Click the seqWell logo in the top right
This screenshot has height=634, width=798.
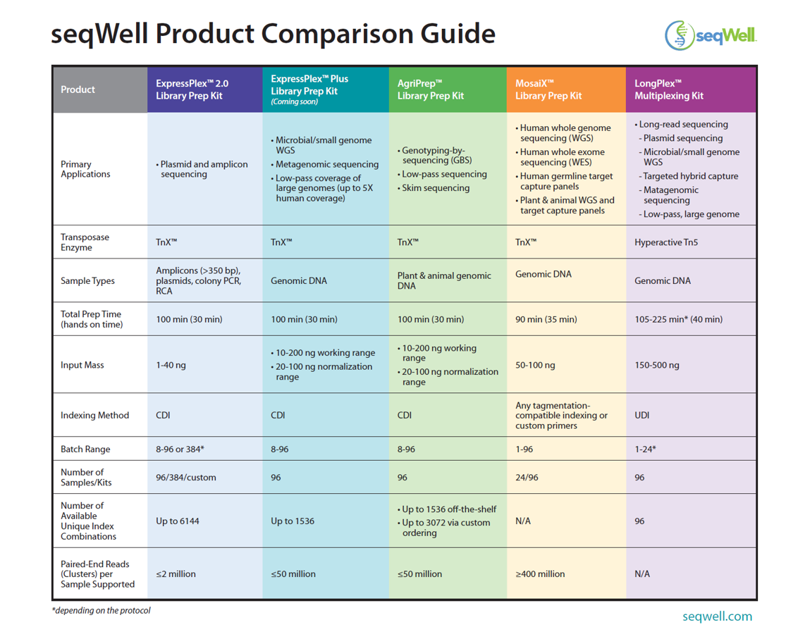711,36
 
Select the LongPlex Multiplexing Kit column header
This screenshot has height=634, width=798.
668,89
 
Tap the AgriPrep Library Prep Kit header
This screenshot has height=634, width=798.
430,89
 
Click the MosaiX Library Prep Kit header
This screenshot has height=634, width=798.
548,89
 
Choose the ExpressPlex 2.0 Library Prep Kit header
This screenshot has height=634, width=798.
192,89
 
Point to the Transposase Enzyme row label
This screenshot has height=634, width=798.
85,242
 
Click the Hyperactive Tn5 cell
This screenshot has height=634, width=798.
666,242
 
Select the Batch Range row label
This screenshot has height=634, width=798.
85,449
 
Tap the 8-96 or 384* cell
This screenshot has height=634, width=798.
180,449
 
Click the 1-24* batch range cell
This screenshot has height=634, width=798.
645,449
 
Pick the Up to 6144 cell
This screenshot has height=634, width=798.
177,521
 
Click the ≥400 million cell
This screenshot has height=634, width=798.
540,574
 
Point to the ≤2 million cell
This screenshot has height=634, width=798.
176,574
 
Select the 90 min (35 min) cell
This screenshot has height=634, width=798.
546,319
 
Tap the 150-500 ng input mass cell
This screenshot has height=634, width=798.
656,365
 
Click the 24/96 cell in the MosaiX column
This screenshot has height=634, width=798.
527,478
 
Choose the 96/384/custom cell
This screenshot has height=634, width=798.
185,478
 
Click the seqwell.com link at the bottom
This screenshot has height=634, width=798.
717,616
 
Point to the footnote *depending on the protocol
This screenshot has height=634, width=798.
101,611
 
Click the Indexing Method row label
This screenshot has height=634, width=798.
94,416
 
